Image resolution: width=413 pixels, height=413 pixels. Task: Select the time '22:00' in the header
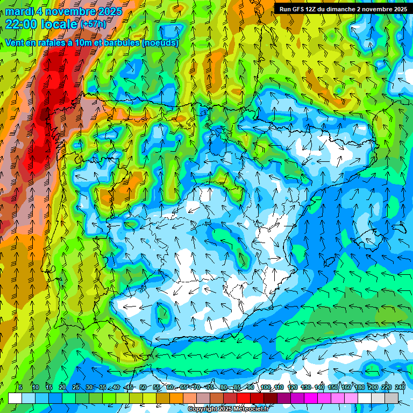(24, 24)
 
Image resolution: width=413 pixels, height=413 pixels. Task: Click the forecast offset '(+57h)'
(93, 24)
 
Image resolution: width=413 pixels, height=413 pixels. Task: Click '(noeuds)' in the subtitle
(160, 43)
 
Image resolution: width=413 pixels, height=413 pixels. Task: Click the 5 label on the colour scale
(20, 387)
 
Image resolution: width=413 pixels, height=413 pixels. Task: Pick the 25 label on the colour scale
(76, 387)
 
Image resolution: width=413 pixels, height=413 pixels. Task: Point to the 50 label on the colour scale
(143, 387)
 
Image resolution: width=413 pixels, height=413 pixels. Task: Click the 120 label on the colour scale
(292, 387)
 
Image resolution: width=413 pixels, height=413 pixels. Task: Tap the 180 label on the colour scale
(359, 387)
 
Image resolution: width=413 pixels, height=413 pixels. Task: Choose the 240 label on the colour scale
(400, 387)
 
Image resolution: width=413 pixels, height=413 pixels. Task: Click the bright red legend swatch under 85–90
(244, 398)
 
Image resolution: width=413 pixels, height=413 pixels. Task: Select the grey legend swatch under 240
(391, 398)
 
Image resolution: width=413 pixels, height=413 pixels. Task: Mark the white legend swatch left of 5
(15, 398)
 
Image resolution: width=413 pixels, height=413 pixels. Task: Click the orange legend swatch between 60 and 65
(176, 398)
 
